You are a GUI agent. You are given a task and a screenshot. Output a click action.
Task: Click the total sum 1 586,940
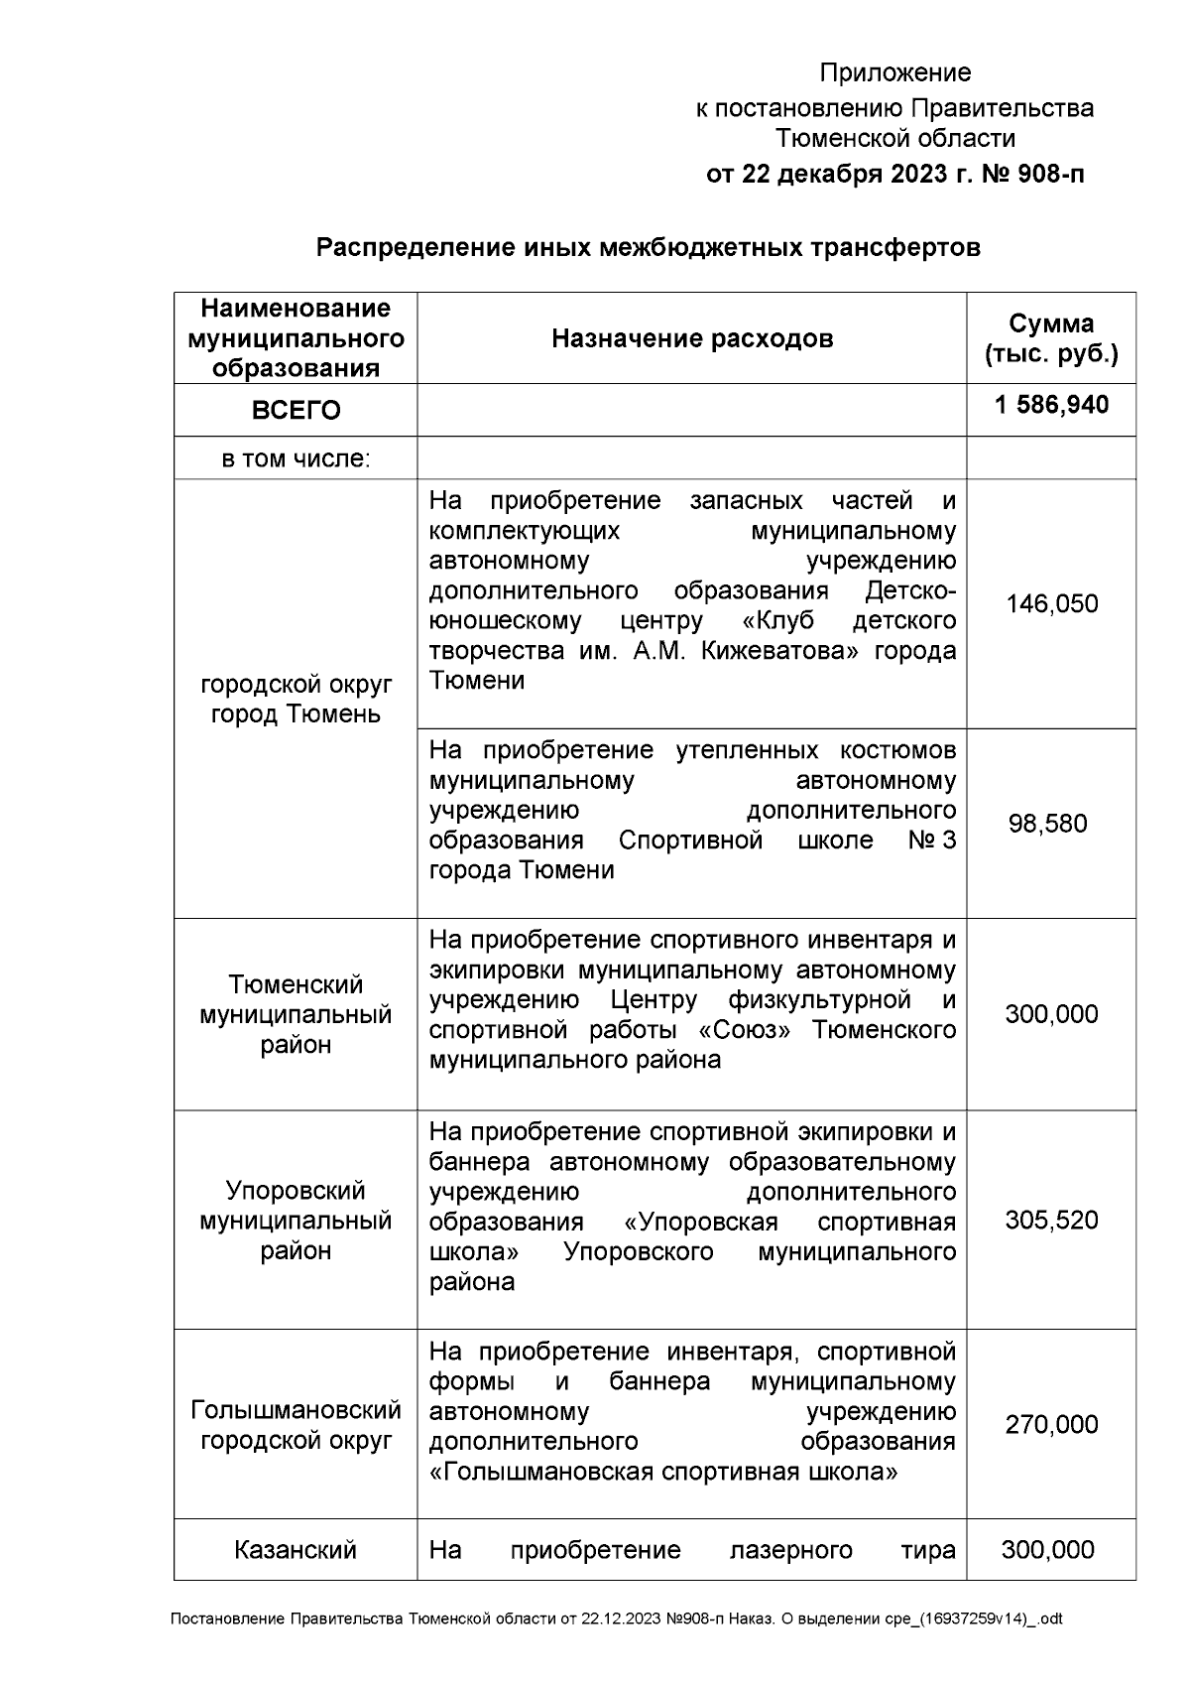click(1051, 405)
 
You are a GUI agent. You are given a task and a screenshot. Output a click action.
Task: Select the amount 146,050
click(1051, 604)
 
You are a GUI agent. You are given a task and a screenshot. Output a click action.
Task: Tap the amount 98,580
click(1047, 824)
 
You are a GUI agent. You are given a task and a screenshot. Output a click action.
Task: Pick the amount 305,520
click(1051, 1220)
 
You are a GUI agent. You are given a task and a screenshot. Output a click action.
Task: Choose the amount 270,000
click(1051, 1424)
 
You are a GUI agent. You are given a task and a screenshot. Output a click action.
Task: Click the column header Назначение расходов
click(691, 339)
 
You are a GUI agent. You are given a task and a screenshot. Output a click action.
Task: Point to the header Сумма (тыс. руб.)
click(1051, 338)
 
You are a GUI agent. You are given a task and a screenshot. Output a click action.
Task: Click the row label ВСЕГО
click(296, 411)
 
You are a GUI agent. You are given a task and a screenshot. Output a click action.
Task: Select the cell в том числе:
click(296, 459)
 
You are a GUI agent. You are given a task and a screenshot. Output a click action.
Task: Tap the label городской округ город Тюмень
click(296, 700)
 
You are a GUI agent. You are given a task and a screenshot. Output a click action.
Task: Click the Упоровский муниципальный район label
click(296, 1220)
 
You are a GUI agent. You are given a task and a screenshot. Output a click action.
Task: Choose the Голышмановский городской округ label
click(296, 1424)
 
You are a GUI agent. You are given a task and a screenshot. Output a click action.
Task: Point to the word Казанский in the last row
click(296, 1550)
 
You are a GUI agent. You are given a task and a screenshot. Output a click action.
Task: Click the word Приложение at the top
click(894, 73)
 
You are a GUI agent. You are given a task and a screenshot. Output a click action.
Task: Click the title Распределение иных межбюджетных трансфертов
click(648, 247)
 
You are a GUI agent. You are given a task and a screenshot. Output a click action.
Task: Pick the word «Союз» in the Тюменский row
click(745, 1029)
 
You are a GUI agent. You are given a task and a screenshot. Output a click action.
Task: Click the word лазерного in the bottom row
click(790, 1550)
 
